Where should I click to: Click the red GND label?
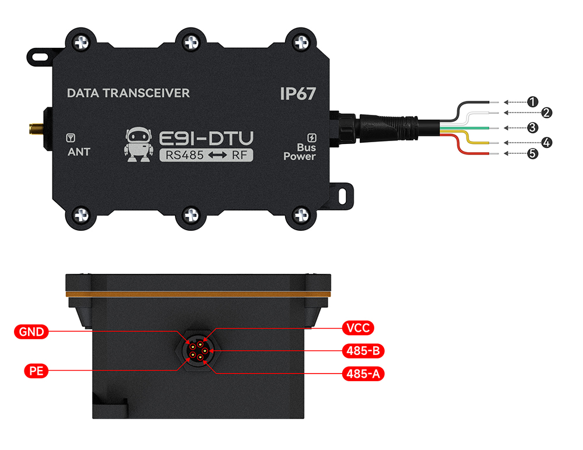31,331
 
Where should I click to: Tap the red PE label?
36,371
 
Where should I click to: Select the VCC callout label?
358,328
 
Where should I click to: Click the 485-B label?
363,351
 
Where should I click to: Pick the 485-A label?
363,374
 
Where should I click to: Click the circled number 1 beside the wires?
532,101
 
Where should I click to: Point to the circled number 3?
532,128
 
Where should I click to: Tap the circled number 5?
532,153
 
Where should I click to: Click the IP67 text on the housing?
298,93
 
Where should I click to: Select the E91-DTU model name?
206,138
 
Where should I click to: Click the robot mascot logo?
138,145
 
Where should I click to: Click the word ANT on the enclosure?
79,152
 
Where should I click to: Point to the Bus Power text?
300,152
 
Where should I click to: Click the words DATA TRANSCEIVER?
128,93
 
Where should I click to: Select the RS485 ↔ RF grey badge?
206,155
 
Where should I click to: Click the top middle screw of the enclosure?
191,42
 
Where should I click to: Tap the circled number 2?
546,112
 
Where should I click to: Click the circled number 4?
546,142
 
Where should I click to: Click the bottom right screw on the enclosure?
301,215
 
